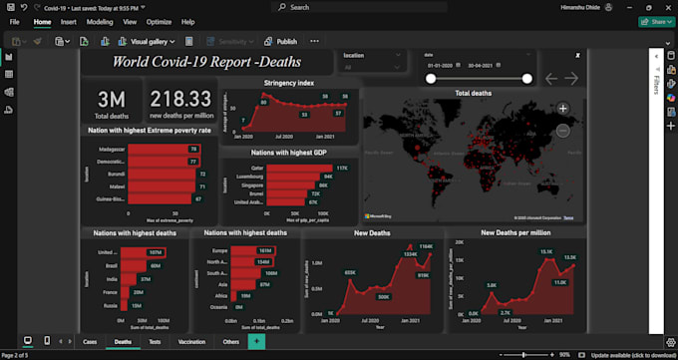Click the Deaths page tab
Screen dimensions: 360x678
pos(124,341)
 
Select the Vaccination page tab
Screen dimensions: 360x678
pos(191,341)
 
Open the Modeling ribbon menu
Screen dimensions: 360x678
pos(100,21)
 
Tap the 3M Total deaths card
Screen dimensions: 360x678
pos(111,103)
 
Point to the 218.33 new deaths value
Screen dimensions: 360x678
pos(179,98)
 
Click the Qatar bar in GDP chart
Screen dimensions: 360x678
pos(299,169)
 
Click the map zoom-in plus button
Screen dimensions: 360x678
pos(562,108)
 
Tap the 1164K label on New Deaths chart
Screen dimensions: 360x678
pos(425,245)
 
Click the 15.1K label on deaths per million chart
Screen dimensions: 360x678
pos(546,252)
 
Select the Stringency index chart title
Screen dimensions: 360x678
pos(289,83)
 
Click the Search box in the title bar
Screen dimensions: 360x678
pos(339,7)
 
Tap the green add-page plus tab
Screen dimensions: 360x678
pos(256,341)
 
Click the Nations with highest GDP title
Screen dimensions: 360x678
pos(289,153)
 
